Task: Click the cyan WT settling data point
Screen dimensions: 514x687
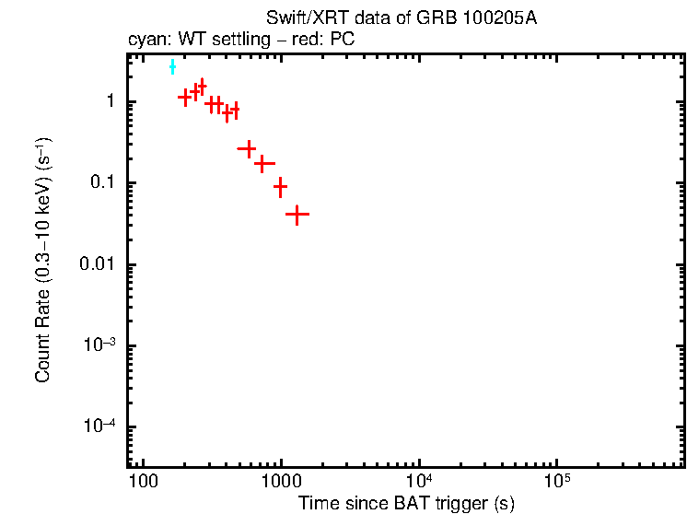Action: coord(172,67)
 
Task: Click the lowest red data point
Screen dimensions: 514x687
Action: coord(297,214)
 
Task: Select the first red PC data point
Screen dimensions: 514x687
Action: coord(184,96)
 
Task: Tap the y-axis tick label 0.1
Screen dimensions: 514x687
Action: coord(101,182)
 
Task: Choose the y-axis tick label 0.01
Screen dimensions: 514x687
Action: coord(98,264)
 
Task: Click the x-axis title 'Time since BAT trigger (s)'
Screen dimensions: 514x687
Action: coord(406,504)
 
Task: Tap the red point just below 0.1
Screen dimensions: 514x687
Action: coord(280,186)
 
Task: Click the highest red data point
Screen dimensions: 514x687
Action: coord(202,86)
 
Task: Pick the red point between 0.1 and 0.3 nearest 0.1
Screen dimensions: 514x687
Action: coord(264,164)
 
